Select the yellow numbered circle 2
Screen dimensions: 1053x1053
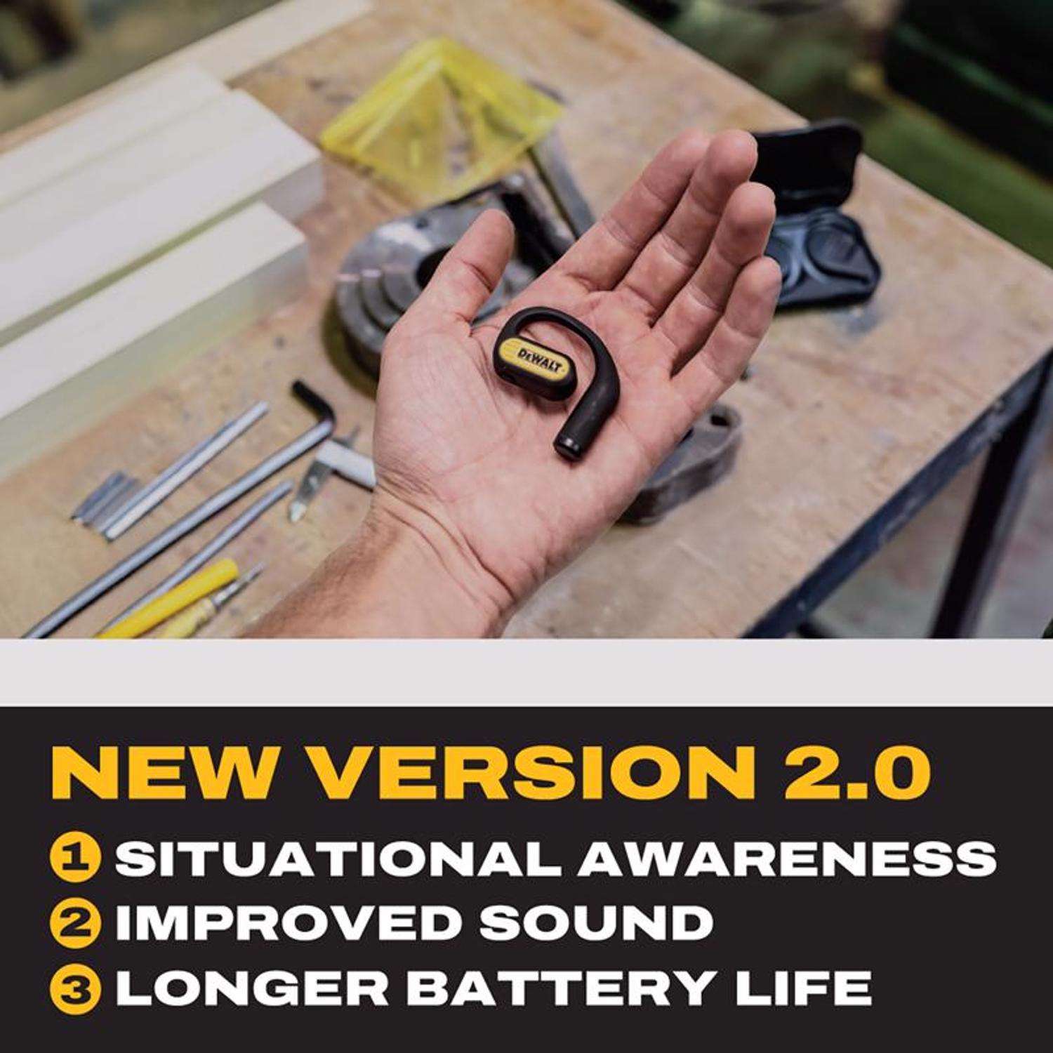[x=74, y=922]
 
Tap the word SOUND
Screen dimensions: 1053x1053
[x=592, y=922]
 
